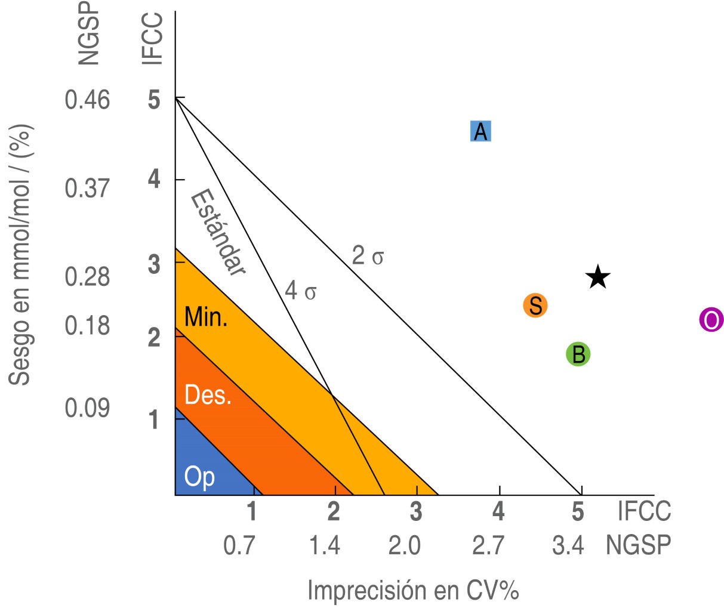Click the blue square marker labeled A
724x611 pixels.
pyautogui.click(x=480, y=131)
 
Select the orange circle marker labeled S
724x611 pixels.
pyautogui.click(x=535, y=305)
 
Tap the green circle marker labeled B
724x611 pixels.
pyautogui.click(x=578, y=354)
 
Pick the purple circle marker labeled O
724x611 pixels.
pyautogui.click(x=711, y=320)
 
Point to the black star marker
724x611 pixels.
pyautogui.click(x=597, y=277)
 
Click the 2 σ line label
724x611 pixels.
pyautogui.click(x=368, y=256)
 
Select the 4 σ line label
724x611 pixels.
pyautogui.click(x=300, y=291)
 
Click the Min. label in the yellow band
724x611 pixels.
pyautogui.click(x=206, y=317)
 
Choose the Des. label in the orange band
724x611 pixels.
pyautogui.click(x=208, y=394)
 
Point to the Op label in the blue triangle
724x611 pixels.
pyautogui.click(x=199, y=477)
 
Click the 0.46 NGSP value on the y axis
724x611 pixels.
pyautogui.click(x=87, y=100)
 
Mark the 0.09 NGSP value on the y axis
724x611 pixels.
pyautogui.click(x=87, y=408)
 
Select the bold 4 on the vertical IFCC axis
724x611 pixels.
pyautogui.click(x=154, y=178)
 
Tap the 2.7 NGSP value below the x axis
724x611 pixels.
pyautogui.click(x=488, y=545)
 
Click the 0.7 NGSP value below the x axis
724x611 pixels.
pyautogui.click(x=239, y=545)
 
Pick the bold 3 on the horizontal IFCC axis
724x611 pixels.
pyautogui.click(x=415, y=511)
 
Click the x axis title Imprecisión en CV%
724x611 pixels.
pyautogui.click(x=413, y=591)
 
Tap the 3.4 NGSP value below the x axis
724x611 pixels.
pyautogui.click(x=568, y=545)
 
